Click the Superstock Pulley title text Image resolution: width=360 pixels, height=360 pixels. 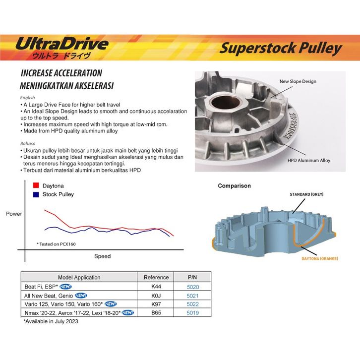click(281, 49)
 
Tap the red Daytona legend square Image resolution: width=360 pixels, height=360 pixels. click(36, 185)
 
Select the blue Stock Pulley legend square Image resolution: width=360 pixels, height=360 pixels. click(36, 194)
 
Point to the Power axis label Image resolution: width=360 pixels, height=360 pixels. click(14, 214)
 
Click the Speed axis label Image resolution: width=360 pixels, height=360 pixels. click(103, 256)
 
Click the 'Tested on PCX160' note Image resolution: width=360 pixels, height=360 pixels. click(56, 244)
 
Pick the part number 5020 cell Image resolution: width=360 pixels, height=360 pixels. click(193, 287)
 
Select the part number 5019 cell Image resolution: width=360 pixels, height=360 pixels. click(192, 313)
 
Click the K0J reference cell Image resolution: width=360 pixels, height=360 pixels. click(156, 296)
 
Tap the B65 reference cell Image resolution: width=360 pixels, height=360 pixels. click(156, 313)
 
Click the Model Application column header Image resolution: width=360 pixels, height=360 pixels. click(79, 277)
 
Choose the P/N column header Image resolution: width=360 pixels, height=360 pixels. click(192, 277)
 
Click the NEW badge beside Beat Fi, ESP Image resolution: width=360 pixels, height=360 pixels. click(65, 287)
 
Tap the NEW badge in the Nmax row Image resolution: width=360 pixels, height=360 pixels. click(127, 313)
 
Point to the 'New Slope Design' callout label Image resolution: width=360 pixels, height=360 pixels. click(298, 81)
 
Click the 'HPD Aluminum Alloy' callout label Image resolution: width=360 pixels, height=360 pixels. click(309, 161)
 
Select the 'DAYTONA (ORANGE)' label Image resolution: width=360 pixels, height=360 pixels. click(320, 258)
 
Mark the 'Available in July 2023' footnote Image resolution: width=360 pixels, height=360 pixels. click(51, 321)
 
